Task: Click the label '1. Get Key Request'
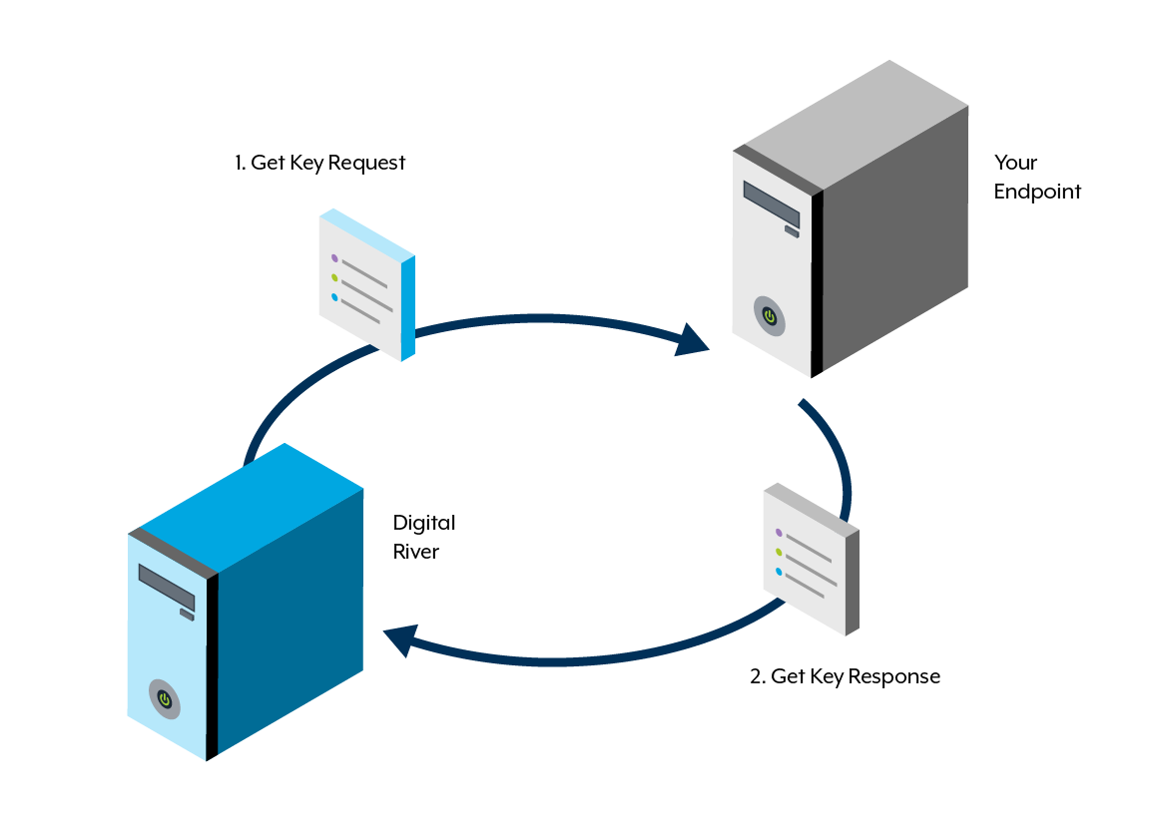click(x=319, y=163)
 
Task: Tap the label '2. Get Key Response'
click(x=845, y=676)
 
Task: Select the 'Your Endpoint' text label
click(x=1037, y=177)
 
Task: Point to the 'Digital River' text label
click(x=424, y=537)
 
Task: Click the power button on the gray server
click(x=770, y=316)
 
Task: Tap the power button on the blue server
click(x=165, y=699)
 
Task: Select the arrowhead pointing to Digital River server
click(x=401, y=640)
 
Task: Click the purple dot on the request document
click(x=334, y=258)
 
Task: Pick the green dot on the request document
click(x=334, y=278)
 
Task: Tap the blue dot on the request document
click(x=334, y=297)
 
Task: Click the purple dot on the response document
click(x=779, y=533)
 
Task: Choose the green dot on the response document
click(x=779, y=552)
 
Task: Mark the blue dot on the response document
click(x=779, y=572)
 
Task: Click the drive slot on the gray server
click(x=772, y=205)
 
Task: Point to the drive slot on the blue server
click(x=167, y=588)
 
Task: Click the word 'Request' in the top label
click(x=366, y=163)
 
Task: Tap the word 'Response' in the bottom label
click(x=894, y=676)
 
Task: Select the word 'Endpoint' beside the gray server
click(x=1037, y=192)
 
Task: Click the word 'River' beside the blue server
click(x=416, y=552)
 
